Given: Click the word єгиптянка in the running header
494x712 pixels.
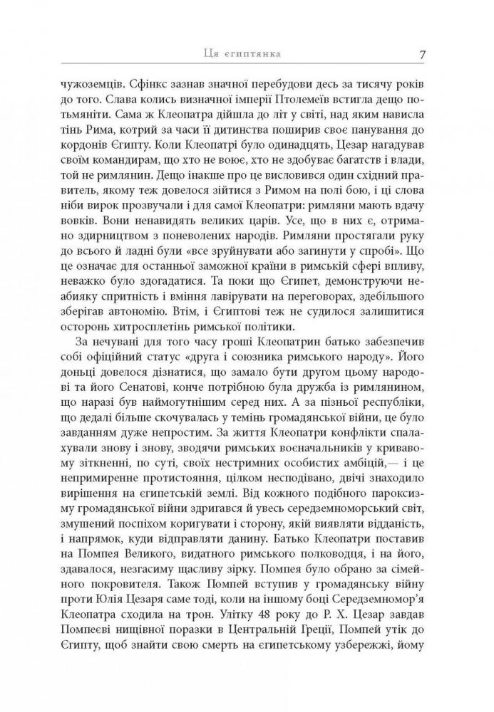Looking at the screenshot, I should pyautogui.click(x=254, y=55).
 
